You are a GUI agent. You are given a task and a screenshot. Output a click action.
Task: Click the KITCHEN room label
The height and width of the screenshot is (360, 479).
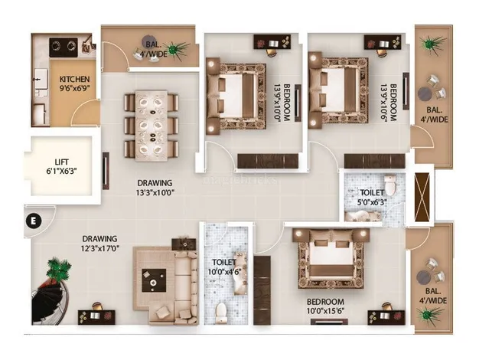(74, 79)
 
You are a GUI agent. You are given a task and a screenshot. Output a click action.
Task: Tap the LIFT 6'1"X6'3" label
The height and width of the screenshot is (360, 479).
(61, 166)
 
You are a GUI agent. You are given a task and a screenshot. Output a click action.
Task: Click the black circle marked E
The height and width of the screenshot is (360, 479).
(34, 221)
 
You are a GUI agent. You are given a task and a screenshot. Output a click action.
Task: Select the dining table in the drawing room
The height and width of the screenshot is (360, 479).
(152, 126)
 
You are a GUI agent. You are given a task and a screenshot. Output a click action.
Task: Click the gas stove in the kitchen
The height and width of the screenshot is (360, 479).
(64, 47)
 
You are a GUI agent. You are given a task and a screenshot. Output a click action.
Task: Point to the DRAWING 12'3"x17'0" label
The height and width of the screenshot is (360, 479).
(99, 243)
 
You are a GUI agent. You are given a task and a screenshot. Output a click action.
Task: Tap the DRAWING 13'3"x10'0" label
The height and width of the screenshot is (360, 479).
(155, 188)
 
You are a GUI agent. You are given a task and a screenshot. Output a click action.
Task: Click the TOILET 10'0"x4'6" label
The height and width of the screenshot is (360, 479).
(224, 267)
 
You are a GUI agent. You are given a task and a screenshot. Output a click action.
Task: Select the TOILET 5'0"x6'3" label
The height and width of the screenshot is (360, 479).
(371, 198)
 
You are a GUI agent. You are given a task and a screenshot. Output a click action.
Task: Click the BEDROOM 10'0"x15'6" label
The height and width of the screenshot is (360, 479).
(326, 306)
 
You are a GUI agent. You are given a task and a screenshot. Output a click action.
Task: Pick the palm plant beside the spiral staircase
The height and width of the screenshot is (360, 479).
(58, 270)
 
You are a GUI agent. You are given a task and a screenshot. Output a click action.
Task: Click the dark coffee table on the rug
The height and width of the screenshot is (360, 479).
(154, 280)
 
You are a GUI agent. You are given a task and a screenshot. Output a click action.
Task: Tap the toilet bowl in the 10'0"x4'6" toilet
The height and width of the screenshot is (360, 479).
(220, 313)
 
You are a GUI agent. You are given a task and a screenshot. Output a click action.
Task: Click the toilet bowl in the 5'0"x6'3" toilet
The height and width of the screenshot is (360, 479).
(389, 185)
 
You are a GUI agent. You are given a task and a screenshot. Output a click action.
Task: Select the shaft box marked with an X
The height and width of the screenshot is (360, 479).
(422, 197)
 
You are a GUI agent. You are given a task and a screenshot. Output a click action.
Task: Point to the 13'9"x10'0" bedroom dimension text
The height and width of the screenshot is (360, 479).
(281, 103)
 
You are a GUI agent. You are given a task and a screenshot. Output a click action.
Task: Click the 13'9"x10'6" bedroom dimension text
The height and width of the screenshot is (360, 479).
(388, 103)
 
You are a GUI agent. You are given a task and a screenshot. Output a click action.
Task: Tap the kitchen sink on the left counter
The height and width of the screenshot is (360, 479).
(41, 80)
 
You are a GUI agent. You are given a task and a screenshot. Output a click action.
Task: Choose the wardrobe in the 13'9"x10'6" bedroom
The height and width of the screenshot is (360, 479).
(374, 161)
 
